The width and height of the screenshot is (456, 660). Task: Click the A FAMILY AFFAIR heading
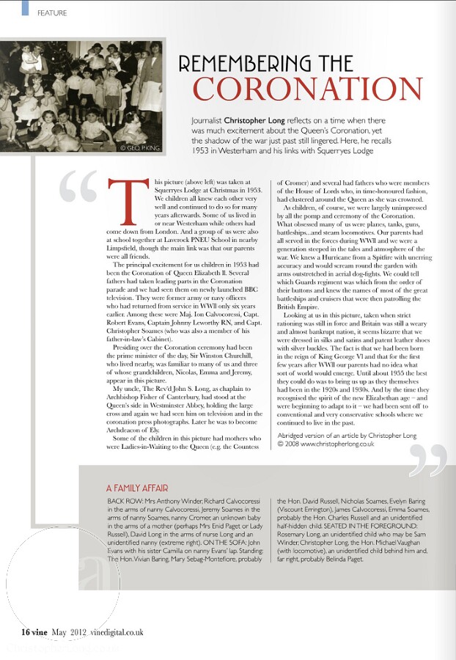[140, 487]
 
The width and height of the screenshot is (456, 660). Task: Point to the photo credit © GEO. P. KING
[139, 147]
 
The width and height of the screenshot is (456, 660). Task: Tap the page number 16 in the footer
[25, 631]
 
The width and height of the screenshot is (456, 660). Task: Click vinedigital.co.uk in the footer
[117, 631]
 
